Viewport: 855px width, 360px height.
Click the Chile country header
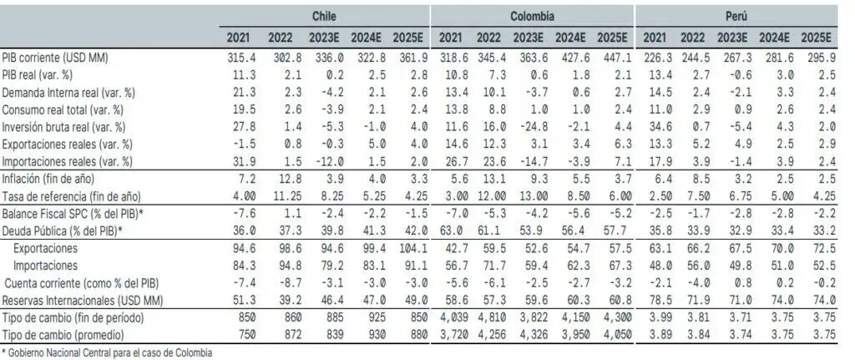(x=324, y=17)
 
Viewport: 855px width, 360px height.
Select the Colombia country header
(x=532, y=17)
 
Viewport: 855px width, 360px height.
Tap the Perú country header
(x=736, y=17)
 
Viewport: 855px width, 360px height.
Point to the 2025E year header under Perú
(x=816, y=38)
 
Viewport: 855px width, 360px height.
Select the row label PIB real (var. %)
(x=38, y=74)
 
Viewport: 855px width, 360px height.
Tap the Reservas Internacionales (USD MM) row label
(x=83, y=300)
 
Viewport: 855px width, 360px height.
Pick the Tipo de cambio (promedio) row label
(x=63, y=335)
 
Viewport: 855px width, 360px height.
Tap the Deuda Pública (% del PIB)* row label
(x=62, y=231)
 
